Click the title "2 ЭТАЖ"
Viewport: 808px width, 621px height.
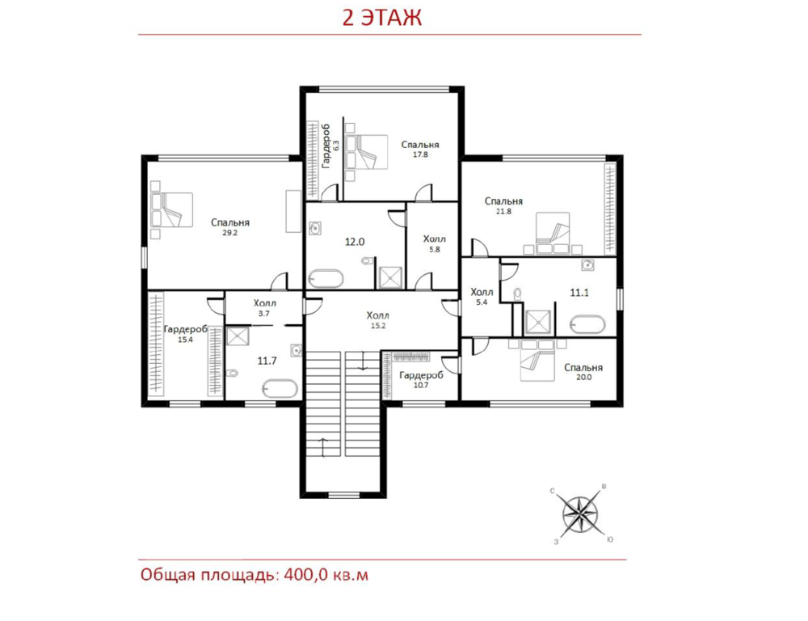(x=382, y=18)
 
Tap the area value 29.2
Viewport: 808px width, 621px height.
(x=229, y=233)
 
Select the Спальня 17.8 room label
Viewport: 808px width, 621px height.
(x=420, y=149)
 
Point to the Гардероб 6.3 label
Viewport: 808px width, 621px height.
(x=330, y=146)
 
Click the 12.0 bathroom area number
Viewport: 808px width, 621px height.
(x=355, y=242)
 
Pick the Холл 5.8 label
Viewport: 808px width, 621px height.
(x=435, y=244)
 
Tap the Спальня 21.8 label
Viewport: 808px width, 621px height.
(x=503, y=206)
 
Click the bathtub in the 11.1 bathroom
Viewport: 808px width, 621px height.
(x=587, y=325)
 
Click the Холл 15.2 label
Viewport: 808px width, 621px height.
(x=377, y=319)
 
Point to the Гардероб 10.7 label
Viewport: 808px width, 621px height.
(x=421, y=379)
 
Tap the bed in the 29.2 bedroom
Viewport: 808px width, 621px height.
(x=171, y=209)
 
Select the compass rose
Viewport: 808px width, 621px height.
(x=580, y=513)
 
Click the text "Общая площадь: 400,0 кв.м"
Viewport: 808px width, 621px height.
(x=255, y=575)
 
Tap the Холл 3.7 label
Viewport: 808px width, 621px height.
(x=264, y=308)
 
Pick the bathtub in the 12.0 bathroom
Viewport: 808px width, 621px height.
(x=326, y=278)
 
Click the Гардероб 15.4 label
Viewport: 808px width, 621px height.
(x=186, y=334)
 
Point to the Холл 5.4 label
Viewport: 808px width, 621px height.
(x=482, y=297)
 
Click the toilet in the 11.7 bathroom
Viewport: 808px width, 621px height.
(x=233, y=373)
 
